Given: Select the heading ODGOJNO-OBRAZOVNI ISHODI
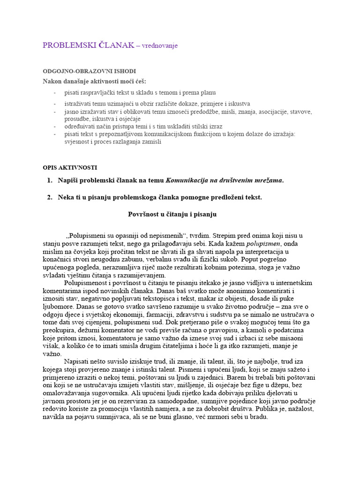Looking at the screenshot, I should pos(89,71).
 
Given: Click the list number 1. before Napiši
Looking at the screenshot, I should pos(50,180).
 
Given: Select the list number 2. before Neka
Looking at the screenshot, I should pos(50,197).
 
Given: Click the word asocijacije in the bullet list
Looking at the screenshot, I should pos(262,112).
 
